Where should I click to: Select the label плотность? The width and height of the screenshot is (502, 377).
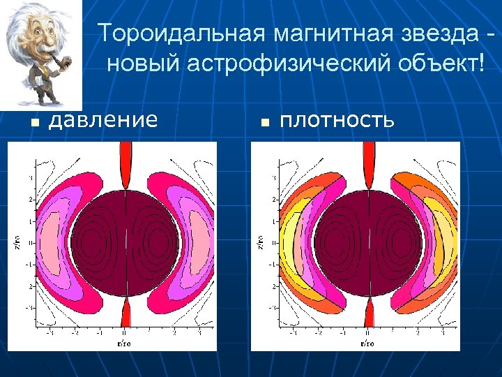coord(337,120)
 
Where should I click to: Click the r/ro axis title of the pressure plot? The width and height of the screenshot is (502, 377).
coord(124,343)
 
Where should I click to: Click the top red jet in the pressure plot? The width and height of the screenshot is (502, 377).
coord(125,164)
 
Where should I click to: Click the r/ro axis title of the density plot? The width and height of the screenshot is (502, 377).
coord(367,343)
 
